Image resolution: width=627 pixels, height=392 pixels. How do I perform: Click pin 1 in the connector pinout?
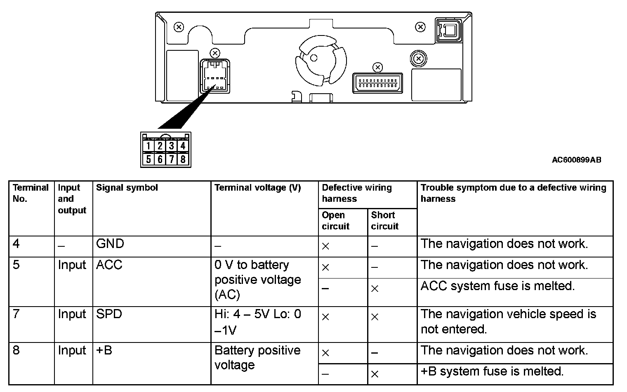148,146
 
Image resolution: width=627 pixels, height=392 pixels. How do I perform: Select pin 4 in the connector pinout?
183,146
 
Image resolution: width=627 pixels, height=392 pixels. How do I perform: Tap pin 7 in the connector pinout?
171,159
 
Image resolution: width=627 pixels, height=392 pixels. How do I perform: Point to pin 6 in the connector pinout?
160,159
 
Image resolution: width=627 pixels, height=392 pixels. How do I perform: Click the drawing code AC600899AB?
576,160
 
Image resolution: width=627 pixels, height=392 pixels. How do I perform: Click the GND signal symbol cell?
110,244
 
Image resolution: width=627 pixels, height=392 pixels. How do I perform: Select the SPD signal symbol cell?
109,314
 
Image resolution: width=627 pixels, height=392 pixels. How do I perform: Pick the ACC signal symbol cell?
109,265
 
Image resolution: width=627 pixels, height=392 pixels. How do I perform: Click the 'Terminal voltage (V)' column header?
258,188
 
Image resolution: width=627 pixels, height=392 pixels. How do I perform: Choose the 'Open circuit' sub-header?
335,221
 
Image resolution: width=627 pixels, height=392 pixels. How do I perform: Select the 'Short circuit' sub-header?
384,221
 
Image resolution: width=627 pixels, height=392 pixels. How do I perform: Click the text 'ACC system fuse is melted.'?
497,286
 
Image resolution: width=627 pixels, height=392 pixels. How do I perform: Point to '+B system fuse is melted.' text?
492,371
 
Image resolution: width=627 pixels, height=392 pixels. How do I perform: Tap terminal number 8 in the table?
16,350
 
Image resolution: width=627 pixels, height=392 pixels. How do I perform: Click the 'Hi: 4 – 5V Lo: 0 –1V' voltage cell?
258,322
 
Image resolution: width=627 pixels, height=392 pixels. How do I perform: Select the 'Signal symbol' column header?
127,188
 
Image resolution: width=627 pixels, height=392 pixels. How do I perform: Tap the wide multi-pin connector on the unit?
377,83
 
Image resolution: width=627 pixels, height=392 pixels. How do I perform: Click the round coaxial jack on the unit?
419,59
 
